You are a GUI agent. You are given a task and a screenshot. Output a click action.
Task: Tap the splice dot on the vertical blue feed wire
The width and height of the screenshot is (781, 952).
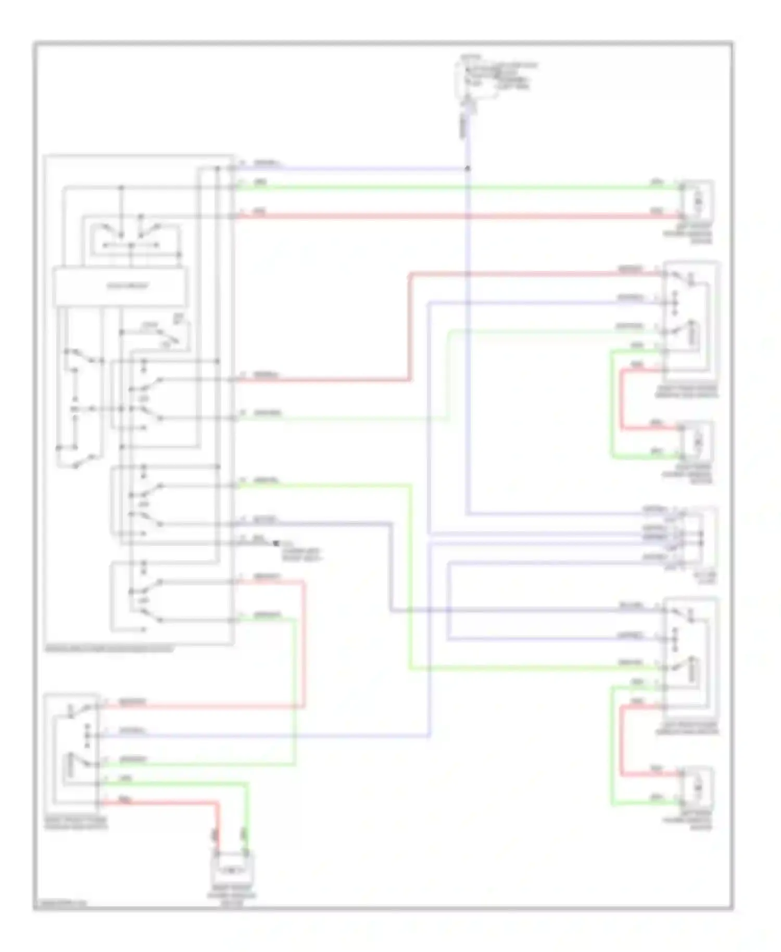(467, 169)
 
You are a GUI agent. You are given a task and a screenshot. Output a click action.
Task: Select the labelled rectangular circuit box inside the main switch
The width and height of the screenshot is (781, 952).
(120, 286)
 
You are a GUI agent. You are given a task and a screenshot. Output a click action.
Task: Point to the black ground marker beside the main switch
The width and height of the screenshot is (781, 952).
(275, 544)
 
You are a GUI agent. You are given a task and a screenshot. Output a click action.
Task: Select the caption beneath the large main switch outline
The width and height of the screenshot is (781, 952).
(109, 649)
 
